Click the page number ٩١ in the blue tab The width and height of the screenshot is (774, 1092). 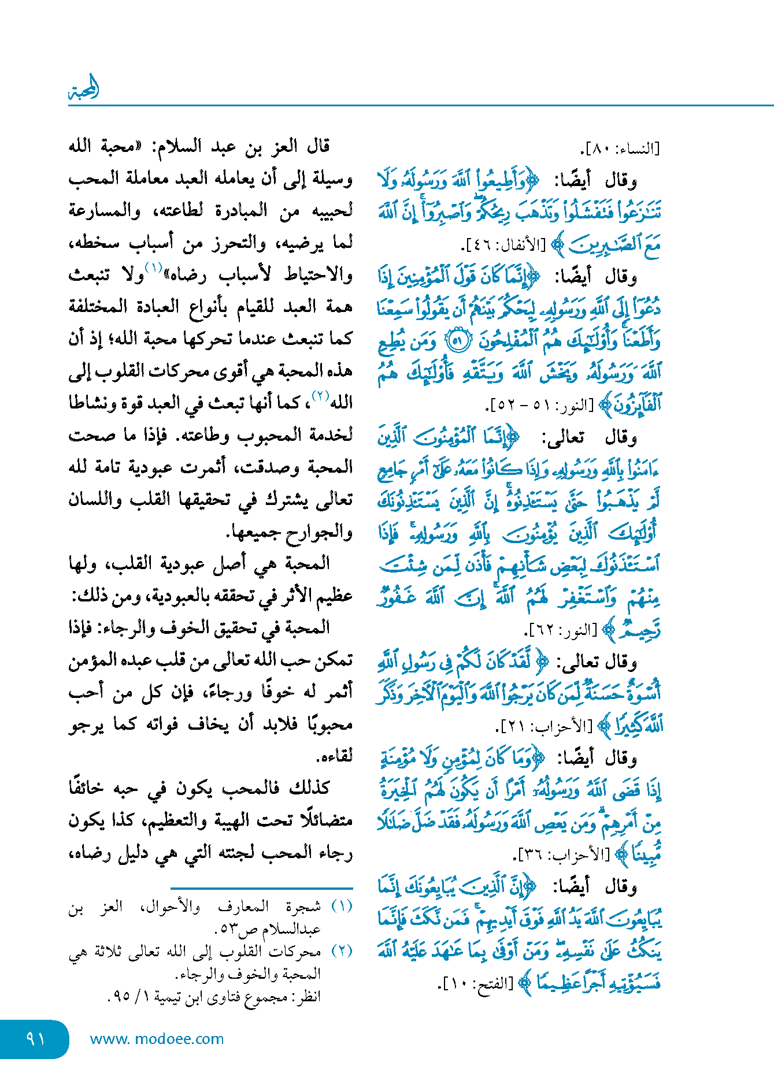point(35,1038)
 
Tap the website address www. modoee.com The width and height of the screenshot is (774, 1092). point(157,1039)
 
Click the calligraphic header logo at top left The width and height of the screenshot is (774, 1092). point(84,89)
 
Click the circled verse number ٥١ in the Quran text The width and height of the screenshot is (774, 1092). point(456,341)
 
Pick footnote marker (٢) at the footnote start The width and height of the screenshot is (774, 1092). point(342,951)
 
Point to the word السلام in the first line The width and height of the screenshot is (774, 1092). point(177,146)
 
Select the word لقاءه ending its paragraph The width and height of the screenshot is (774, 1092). point(335,756)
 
